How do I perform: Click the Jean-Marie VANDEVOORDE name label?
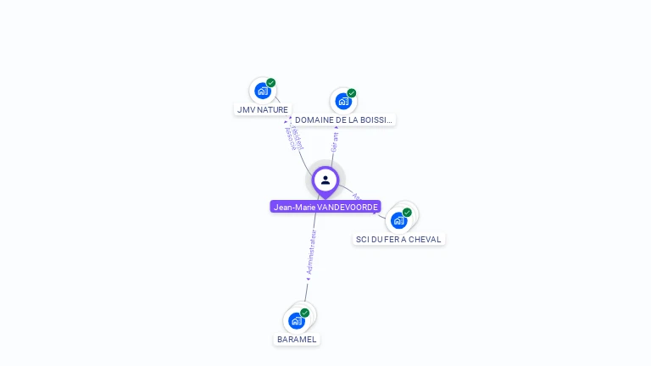(x=325, y=207)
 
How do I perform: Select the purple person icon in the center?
(x=325, y=180)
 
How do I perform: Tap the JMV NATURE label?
(x=263, y=109)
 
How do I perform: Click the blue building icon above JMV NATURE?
(x=262, y=91)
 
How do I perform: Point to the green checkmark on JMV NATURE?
(x=271, y=83)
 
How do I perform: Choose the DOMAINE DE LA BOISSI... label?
(x=343, y=120)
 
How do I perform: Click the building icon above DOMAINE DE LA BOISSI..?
(x=342, y=101)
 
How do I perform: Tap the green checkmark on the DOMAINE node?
(x=352, y=93)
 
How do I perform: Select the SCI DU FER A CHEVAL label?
(x=398, y=239)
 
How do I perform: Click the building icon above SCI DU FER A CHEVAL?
(x=398, y=220)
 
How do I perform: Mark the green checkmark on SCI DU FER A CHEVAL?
(x=408, y=213)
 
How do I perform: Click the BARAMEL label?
(x=297, y=339)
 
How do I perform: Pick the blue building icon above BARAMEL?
(x=296, y=320)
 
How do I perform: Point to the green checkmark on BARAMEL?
(x=305, y=313)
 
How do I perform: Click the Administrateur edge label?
(x=311, y=252)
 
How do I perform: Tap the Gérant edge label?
(x=335, y=141)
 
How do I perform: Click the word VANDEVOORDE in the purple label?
(x=348, y=207)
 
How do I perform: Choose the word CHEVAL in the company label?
(x=424, y=239)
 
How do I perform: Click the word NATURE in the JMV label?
(x=272, y=109)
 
